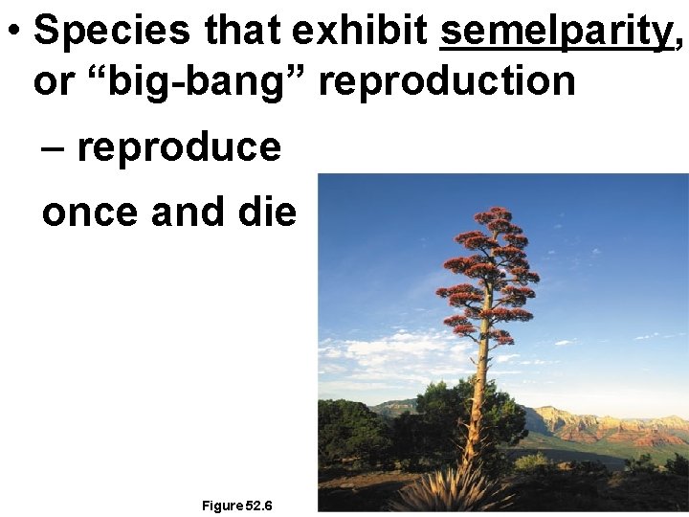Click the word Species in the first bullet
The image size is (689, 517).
pos(112,33)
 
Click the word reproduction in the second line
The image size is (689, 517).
pos(448,82)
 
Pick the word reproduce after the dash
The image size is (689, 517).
pos(179,148)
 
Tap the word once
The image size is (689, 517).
pos(91,212)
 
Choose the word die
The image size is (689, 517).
pos(269,212)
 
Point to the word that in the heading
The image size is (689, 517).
pos(245,33)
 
